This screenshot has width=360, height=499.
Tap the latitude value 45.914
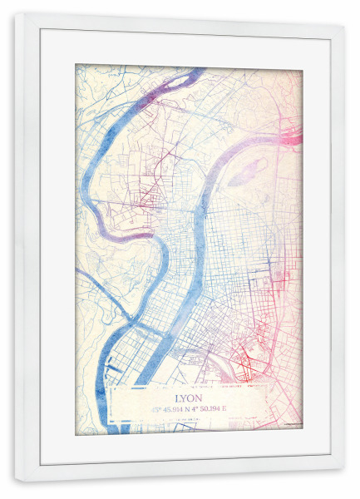[179, 409]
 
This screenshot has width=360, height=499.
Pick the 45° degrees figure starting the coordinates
[157, 409]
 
